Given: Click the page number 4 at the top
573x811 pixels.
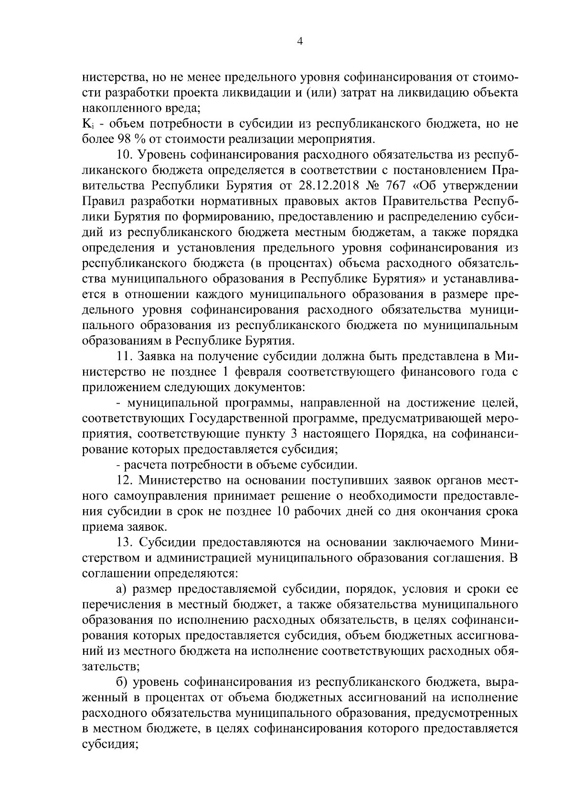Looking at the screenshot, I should [x=299, y=41].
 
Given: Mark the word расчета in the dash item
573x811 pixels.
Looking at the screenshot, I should [x=143, y=465].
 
